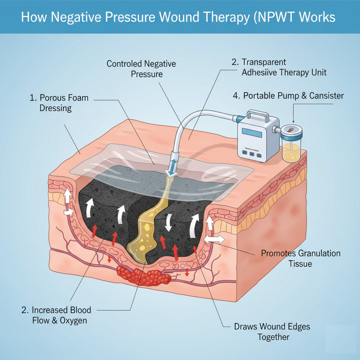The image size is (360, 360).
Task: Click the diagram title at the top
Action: [178, 17]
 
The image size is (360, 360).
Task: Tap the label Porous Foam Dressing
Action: [59, 103]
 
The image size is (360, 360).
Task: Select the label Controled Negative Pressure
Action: [141, 69]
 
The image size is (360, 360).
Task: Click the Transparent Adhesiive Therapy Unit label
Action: [279, 67]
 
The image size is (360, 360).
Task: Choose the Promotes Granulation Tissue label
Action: [300, 258]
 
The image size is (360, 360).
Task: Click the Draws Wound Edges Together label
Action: [272, 332]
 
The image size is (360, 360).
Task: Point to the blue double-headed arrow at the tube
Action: [173, 166]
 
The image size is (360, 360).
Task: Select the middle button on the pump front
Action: [251, 154]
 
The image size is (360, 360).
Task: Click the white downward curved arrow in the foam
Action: [168, 223]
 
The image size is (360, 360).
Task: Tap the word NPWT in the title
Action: [280, 17]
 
